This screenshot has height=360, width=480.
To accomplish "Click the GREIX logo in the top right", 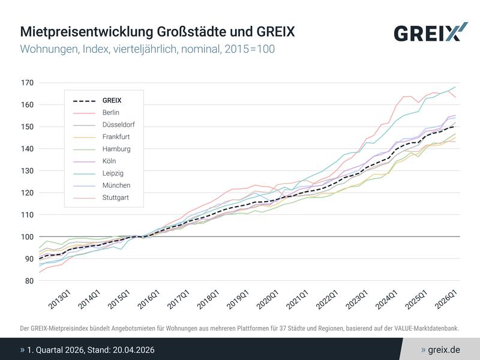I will click(x=430, y=32).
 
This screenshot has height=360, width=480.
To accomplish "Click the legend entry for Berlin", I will click(x=111, y=112).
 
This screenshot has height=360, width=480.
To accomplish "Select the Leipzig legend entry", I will click(x=112, y=173).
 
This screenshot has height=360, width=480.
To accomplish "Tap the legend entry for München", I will click(x=116, y=185).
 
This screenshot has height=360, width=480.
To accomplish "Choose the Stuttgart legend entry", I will click(x=115, y=197).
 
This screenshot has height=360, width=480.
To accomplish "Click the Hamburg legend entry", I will click(x=116, y=149).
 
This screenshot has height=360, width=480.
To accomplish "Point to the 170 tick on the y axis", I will click(x=28, y=83).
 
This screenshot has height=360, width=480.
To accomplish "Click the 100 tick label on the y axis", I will click(x=28, y=236).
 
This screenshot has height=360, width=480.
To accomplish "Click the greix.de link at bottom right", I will click(x=444, y=349).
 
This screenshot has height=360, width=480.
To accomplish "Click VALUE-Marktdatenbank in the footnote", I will click(x=425, y=328).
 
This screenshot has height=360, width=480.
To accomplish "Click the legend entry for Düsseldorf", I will click(x=118, y=124).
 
